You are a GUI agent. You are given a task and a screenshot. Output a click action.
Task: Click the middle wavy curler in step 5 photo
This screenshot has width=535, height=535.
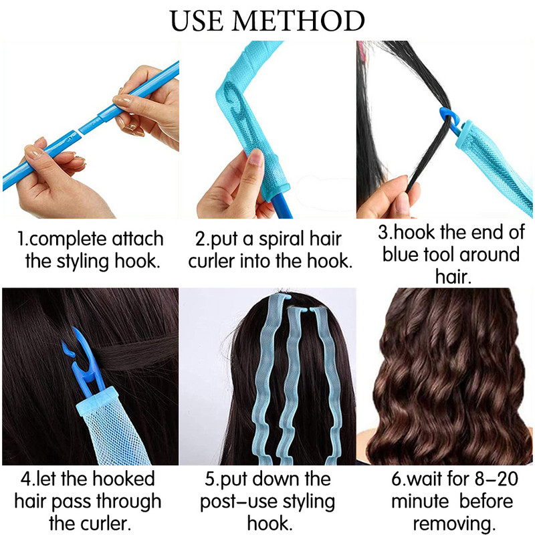(x=292, y=381)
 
